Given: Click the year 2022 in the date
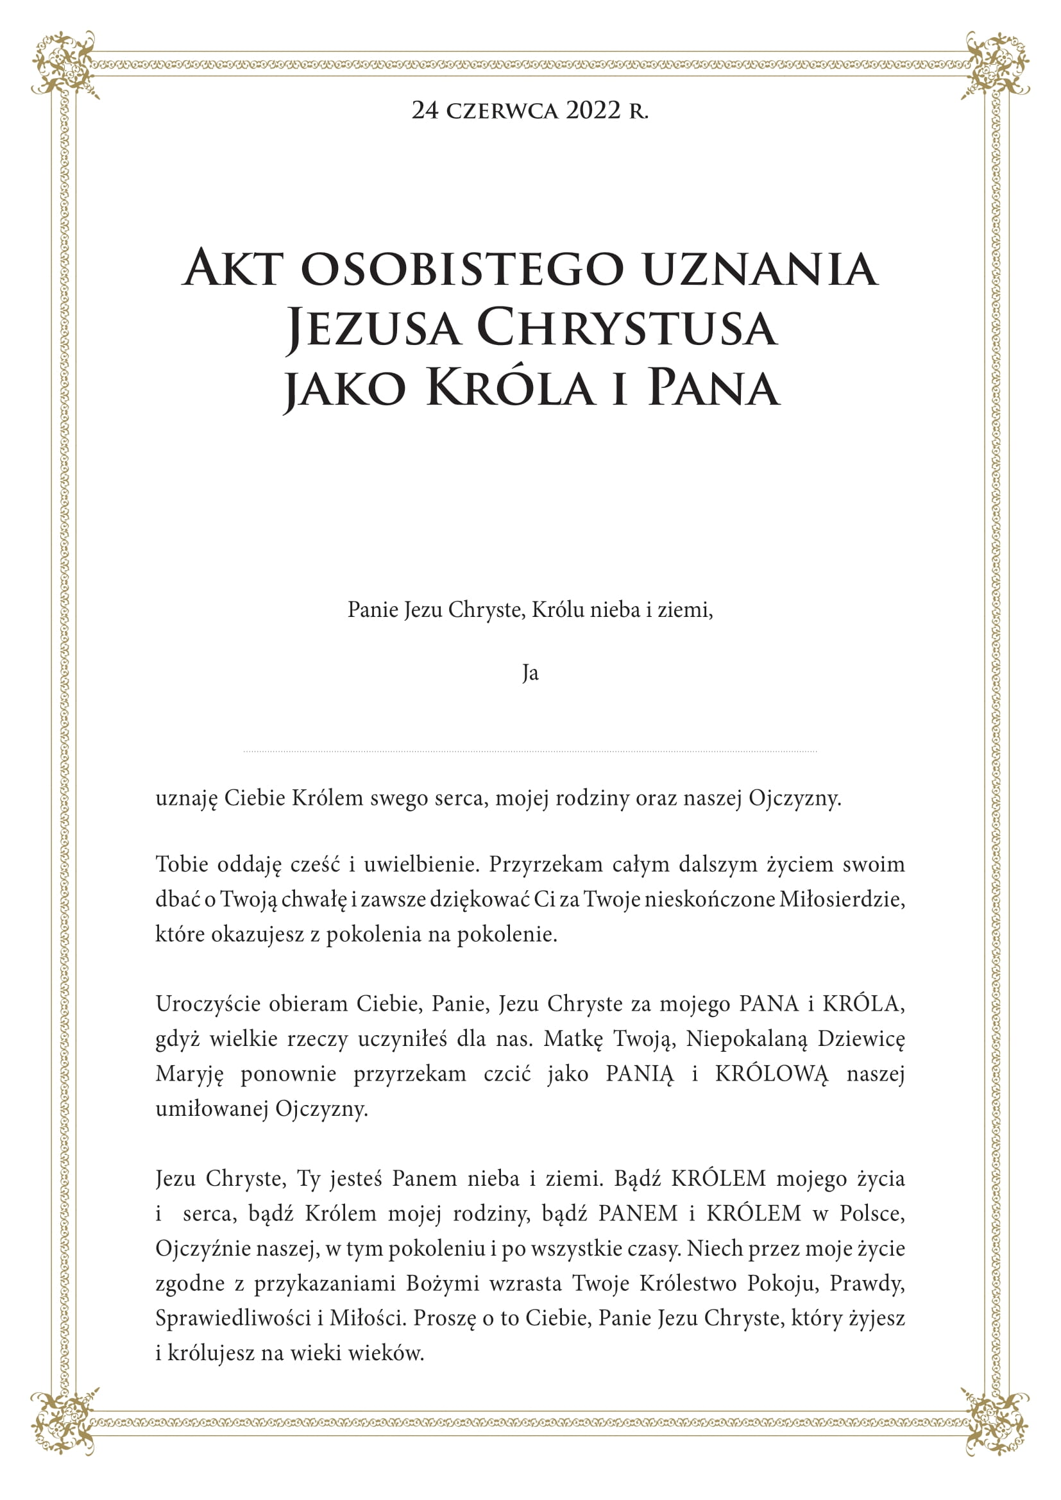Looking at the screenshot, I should (x=593, y=110).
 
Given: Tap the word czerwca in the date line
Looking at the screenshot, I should (x=502, y=111).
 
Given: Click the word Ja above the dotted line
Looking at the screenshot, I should (x=530, y=673).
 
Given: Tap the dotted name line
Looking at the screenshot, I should (x=530, y=752).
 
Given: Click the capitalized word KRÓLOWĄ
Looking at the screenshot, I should (x=772, y=1074).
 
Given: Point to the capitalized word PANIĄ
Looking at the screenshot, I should (x=639, y=1074).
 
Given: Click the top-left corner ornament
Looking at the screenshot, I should (x=64, y=64).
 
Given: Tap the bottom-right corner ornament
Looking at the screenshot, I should (x=996, y=1436).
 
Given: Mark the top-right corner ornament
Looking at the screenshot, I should (x=996, y=64).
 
